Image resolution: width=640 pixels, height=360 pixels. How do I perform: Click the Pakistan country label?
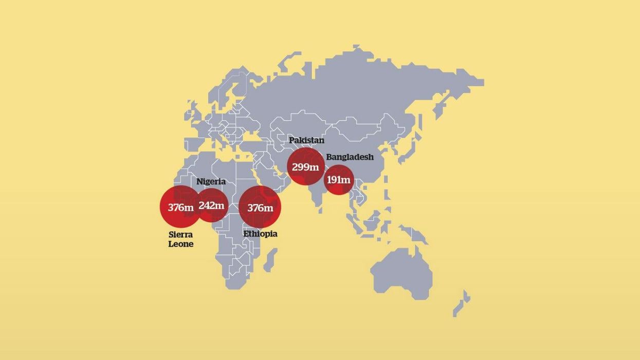[x=306, y=140]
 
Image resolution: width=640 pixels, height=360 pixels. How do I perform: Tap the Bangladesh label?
[x=350, y=157]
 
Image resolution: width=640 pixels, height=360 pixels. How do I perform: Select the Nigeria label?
[x=211, y=182]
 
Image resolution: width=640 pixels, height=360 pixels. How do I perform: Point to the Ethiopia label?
[x=260, y=234]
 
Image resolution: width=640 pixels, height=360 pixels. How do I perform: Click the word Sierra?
[x=181, y=235]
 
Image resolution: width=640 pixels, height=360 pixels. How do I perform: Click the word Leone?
[x=181, y=244]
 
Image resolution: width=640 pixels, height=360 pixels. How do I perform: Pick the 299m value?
[x=305, y=167]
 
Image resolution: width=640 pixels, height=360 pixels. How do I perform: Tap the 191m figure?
[x=338, y=180]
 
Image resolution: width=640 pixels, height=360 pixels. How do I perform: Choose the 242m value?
[x=211, y=206]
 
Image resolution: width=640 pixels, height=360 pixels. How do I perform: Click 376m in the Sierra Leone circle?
[x=180, y=208]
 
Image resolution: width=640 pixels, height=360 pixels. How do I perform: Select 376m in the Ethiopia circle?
[x=260, y=208]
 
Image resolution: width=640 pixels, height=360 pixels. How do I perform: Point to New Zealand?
[x=461, y=303]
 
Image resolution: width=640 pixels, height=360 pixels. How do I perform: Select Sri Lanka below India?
[x=320, y=210]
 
